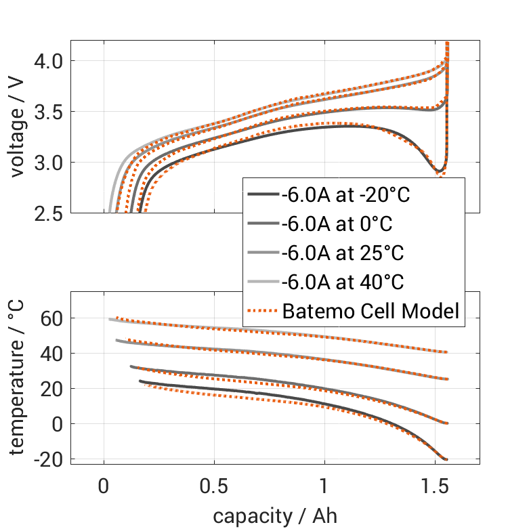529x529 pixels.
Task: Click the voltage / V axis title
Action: click(18, 127)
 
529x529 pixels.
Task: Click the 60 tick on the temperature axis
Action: click(51, 318)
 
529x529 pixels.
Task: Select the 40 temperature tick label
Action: click(51, 353)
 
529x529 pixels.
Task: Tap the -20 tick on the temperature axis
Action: click(47, 459)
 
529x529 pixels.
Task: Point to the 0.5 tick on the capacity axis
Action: click(214, 486)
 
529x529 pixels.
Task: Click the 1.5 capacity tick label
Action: click(435, 486)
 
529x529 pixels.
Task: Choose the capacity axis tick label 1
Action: click(324, 486)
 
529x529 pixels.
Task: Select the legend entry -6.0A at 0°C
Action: click(337, 224)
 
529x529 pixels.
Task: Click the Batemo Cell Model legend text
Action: click(371, 312)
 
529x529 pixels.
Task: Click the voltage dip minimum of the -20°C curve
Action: click(439, 171)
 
